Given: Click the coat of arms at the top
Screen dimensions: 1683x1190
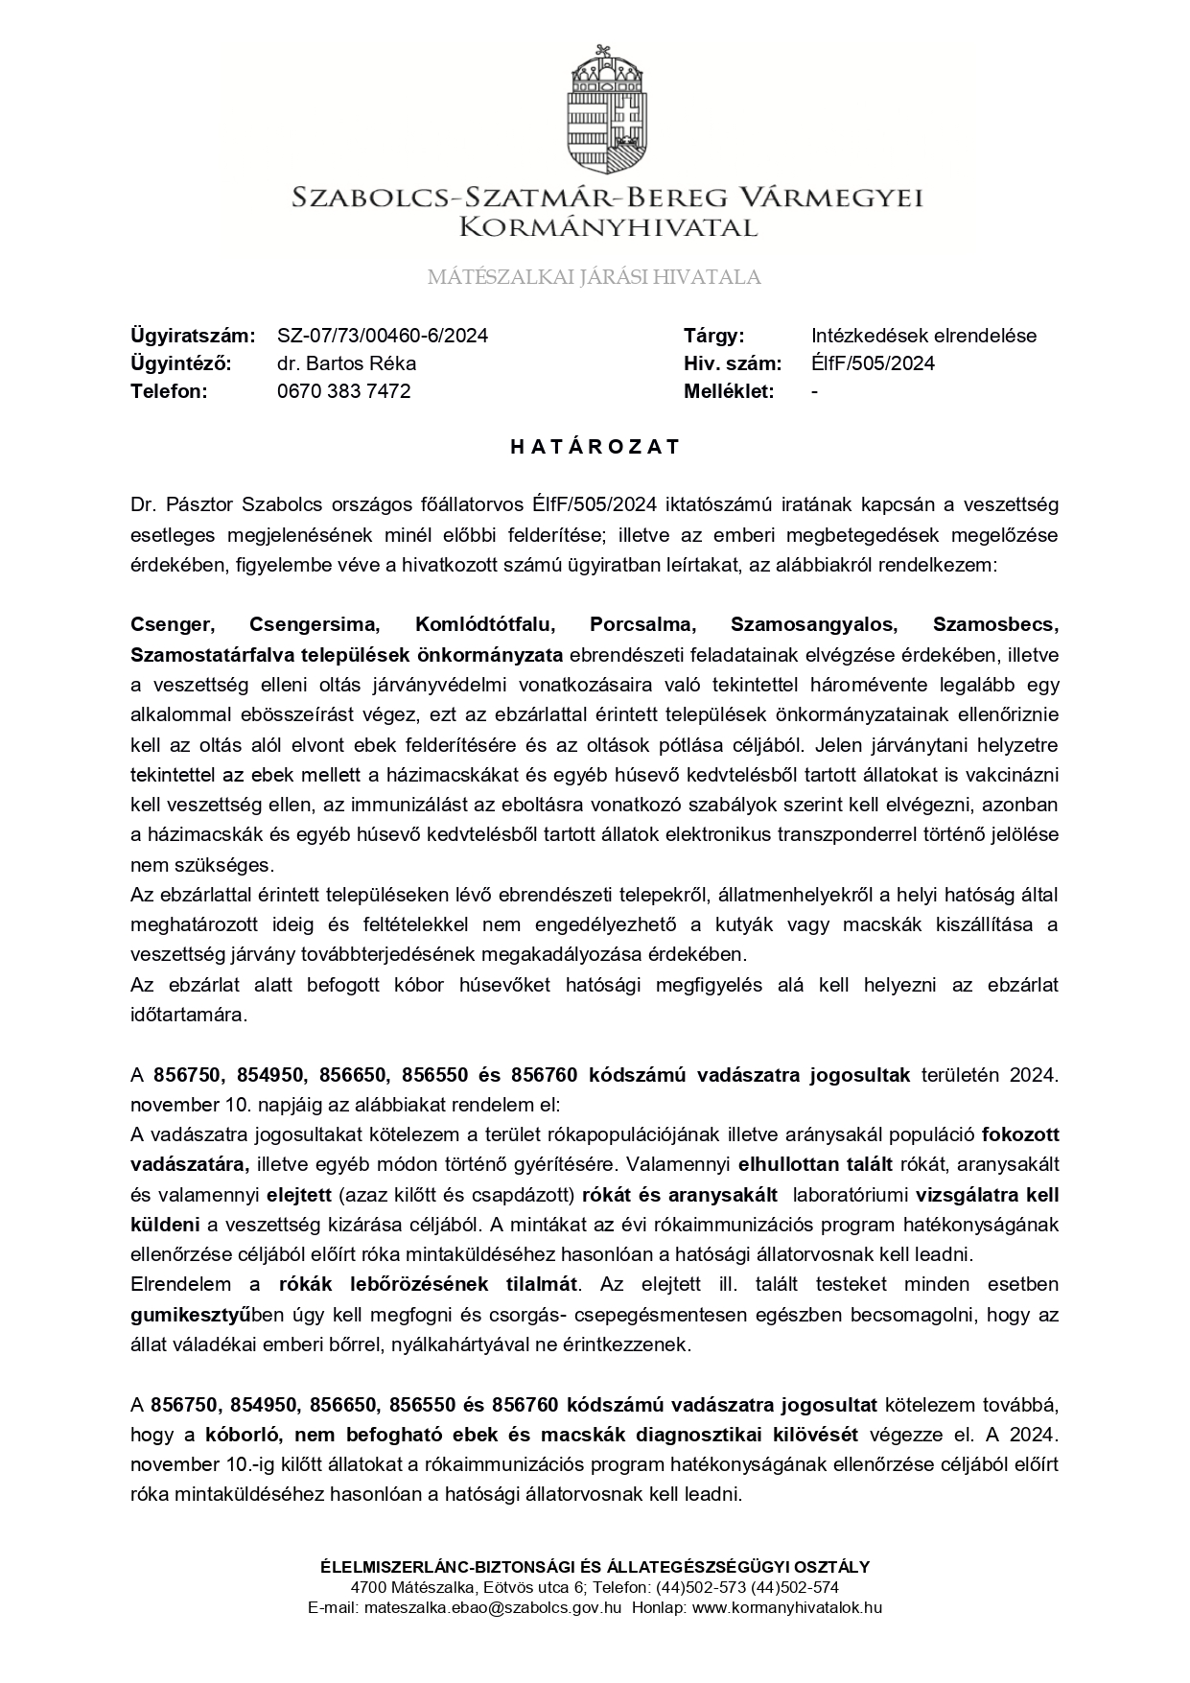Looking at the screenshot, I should pos(607,107).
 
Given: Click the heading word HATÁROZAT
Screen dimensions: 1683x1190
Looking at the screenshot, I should pos(595,447).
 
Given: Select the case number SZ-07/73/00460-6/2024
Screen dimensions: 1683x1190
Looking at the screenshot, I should pos(383,336).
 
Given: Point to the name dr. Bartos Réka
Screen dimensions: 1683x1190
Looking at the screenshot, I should pos(346,363).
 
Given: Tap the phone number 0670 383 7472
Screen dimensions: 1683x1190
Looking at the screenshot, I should pos(343,391).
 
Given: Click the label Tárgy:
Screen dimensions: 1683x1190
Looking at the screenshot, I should pos(713,336).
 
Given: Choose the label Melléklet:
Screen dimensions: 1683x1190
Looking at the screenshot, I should pos(729,391).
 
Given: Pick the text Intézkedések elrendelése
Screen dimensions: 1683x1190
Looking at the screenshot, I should pos(923,336).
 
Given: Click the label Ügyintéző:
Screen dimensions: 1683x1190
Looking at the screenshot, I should pos(182,363).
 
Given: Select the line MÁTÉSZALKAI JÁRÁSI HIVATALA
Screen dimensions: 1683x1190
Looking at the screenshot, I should pos(594,278).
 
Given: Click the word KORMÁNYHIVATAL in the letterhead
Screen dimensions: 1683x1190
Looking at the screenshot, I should pos(608,228).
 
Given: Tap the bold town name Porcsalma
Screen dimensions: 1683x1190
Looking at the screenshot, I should pos(642,624).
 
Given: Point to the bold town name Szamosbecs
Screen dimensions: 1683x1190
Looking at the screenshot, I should pos(995,624).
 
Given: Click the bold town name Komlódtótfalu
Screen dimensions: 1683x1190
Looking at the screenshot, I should pos(485,624).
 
